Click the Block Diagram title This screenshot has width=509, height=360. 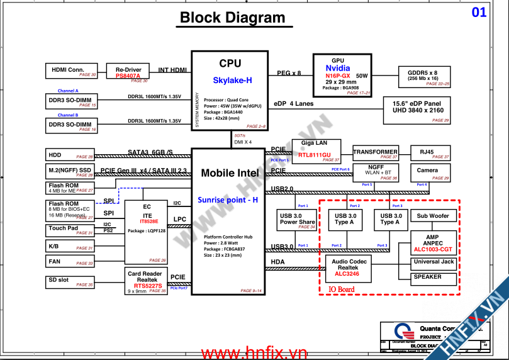tap(233, 18)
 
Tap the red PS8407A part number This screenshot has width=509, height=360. tap(128, 76)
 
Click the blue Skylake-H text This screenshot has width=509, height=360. tap(232, 80)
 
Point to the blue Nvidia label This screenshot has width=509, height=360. tap(338, 68)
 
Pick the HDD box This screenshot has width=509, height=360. tap(70, 155)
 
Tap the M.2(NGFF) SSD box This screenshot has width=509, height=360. tap(70, 171)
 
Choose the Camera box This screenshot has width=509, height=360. tap(427, 171)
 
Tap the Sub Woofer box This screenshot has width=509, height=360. tap(433, 216)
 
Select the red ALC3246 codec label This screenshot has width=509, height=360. tap(347, 274)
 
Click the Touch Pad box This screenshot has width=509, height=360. tap(70, 230)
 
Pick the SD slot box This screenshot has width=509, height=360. tap(70, 281)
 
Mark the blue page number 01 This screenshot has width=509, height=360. tap(479, 12)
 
